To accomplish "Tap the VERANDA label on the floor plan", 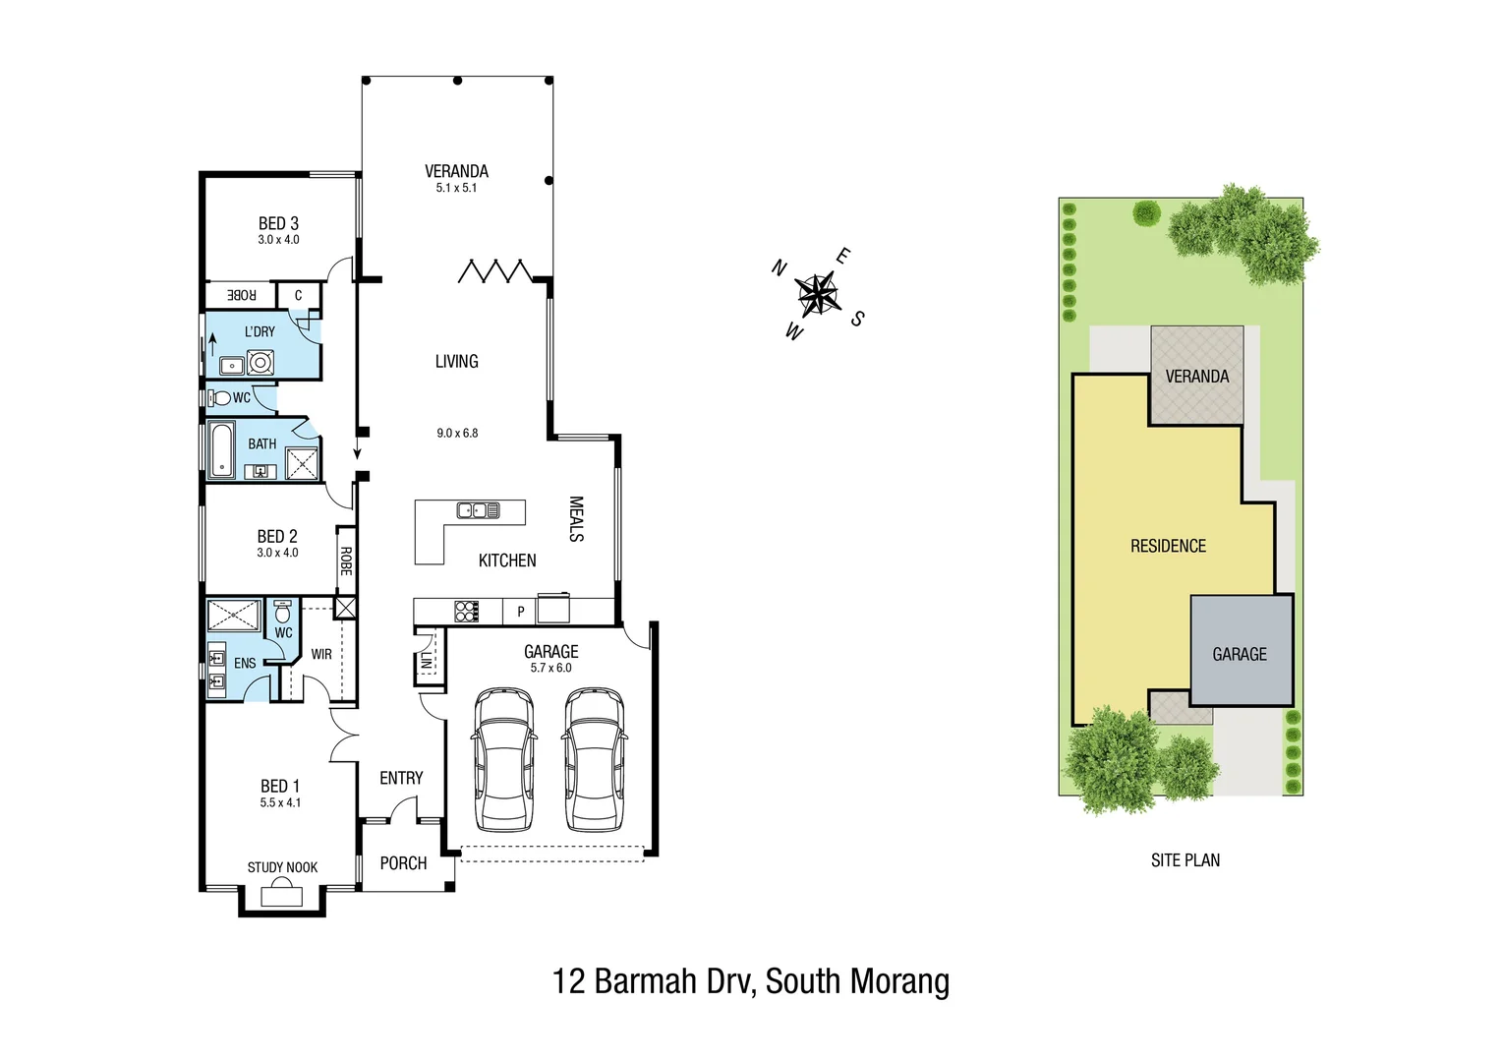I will click(456, 171).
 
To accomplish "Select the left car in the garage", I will click(504, 759).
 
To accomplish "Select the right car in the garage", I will click(595, 759).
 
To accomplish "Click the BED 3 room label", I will click(278, 224).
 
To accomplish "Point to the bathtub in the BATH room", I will click(221, 450).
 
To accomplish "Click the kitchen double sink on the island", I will click(478, 509).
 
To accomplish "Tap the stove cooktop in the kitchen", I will click(466, 611).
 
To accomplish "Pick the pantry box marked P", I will click(520, 612).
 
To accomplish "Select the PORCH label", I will click(403, 863).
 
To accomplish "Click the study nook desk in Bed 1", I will click(282, 895).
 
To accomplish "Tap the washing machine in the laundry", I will click(260, 364).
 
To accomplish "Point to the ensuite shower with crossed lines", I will click(233, 616).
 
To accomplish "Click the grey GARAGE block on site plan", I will click(1241, 651).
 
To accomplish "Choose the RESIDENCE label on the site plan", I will click(1168, 546).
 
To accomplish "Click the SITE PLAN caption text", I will click(1185, 860).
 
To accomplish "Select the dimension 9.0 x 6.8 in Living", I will click(457, 433).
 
